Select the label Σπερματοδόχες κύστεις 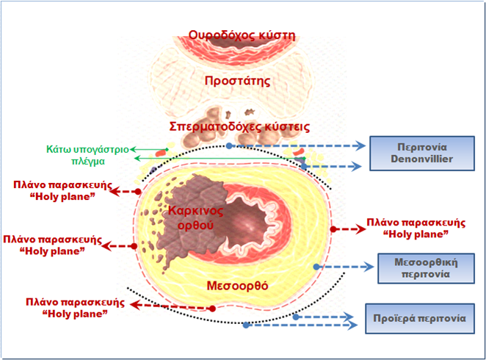(240, 125)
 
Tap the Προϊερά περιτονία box (416, 320)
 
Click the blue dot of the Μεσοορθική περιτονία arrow (316, 266)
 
